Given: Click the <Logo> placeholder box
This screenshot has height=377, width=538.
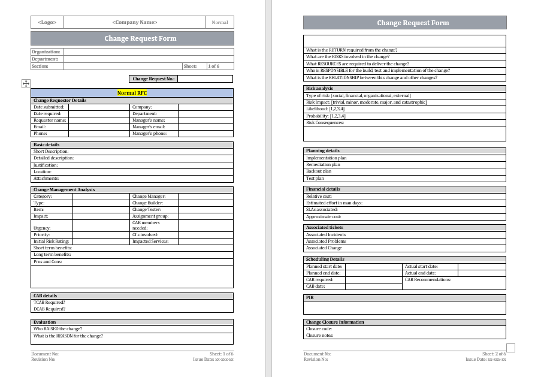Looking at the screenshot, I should point(47,22).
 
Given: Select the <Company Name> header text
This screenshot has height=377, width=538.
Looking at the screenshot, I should point(134,22).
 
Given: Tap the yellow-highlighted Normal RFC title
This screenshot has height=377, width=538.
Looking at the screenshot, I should point(132,93).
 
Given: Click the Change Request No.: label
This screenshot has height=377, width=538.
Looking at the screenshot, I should point(153,79).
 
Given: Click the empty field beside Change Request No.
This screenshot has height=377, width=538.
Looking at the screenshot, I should point(205,79).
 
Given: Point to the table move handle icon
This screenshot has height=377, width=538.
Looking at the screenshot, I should point(26,84).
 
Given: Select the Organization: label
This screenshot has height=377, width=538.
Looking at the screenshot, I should point(46,52).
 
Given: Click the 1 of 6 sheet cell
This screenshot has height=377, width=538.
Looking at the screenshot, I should point(214,66).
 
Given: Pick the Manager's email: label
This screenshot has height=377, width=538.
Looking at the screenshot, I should point(149,127).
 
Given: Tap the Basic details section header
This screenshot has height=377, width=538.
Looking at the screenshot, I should point(47,145).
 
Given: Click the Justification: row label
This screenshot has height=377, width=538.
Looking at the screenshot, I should point(46,165).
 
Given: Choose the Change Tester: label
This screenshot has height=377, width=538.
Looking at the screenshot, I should point(147,210).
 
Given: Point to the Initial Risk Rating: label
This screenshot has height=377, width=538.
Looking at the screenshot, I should point(51,242).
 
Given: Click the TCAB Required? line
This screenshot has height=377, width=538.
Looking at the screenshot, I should point(50,303).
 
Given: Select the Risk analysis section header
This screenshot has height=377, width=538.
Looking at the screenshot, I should point(319,89).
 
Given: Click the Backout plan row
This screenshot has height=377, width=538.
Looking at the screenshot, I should point(319,171).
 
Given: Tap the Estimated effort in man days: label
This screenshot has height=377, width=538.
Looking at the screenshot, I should point(334,203).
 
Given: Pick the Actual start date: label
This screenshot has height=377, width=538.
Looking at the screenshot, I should point(421,266).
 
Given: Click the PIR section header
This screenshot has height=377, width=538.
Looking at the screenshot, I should point(310,297).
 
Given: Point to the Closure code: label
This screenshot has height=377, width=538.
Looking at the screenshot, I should point(319,329).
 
